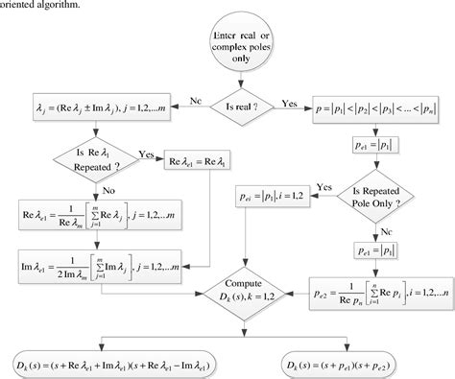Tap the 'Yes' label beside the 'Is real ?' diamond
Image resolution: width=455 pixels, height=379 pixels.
coord(289,102)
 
